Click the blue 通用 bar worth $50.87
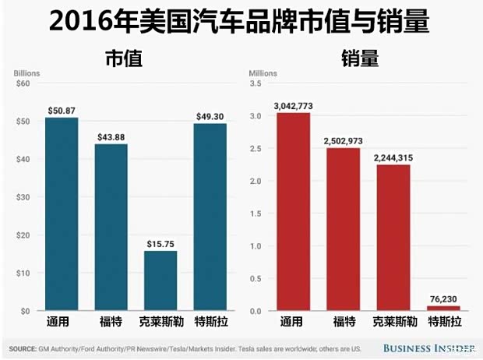[x=62, y=214]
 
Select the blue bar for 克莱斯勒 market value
[x=160, y=280]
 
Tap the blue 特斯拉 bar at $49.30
[x=210, y=217]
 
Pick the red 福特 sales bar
[x=343, y=229]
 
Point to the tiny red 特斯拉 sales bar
[x=443, y=309]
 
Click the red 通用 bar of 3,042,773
[x=293, y=211]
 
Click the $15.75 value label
[x=160, y=244]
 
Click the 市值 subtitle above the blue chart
[x=127, y=58]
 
